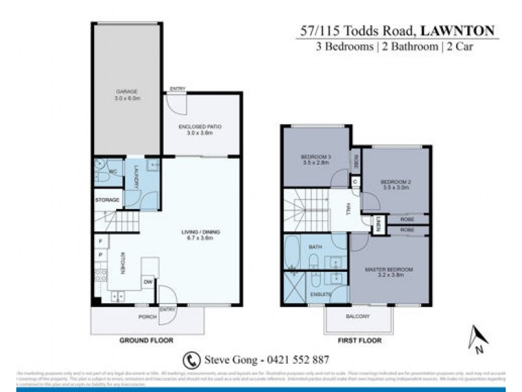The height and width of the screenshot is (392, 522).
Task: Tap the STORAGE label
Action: pos(106,199)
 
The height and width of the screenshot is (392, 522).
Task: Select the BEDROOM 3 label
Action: pos(316,157)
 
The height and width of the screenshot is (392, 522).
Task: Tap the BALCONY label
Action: pos(358,317)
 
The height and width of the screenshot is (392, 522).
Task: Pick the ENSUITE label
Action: pos(321,295)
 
